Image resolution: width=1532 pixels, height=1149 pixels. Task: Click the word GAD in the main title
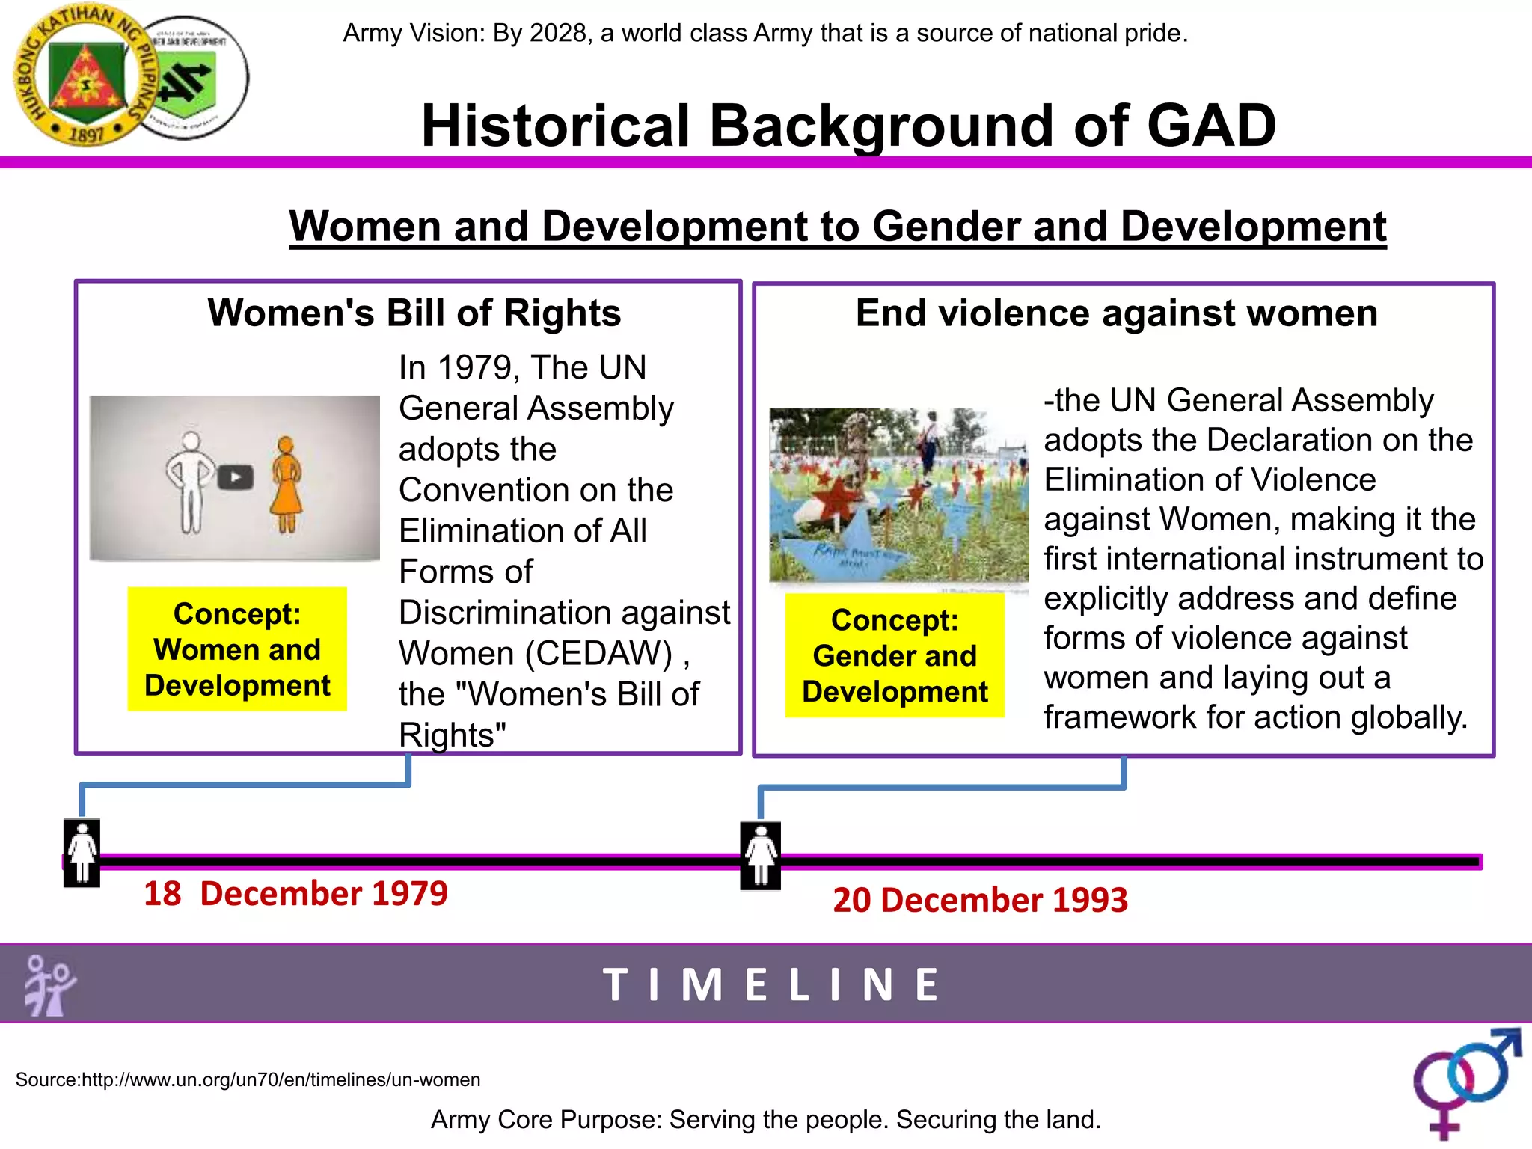pos(1211,126)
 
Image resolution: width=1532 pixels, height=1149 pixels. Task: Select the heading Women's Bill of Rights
pos(414,313)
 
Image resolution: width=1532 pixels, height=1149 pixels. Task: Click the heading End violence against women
pos(1116,313)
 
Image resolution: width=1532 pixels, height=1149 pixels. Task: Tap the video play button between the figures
pos(236,477)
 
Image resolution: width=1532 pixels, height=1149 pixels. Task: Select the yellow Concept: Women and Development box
pos(237,649)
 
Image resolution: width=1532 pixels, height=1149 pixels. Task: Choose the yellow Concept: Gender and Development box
pos(895,655)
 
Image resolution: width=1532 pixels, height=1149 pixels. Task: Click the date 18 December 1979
pos(295,893)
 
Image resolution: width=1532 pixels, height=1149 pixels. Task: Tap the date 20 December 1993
pos(980,899)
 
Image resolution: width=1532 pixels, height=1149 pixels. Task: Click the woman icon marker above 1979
pos(82,853)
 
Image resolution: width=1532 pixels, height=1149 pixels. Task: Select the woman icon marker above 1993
pos(761,855)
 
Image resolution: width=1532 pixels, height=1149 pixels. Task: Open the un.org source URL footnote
pos(248,1079)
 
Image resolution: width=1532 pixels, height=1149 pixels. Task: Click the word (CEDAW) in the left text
pos(598,653)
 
